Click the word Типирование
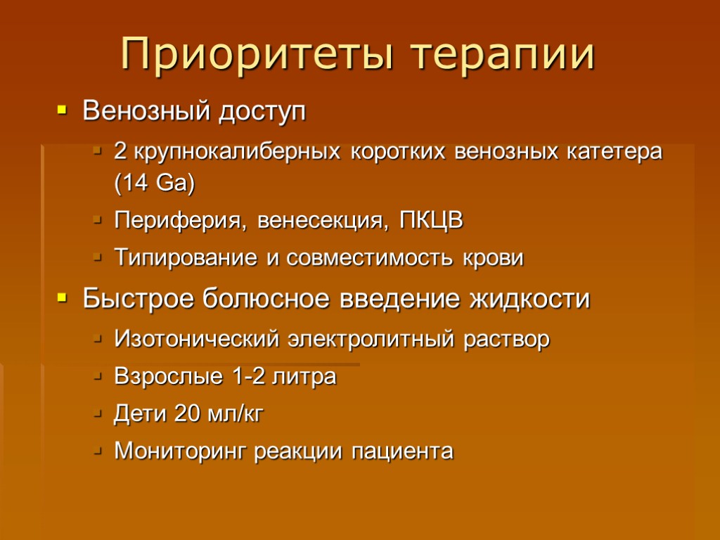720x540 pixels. coord(186,258)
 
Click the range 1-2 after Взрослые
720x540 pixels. coord(249,377)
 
